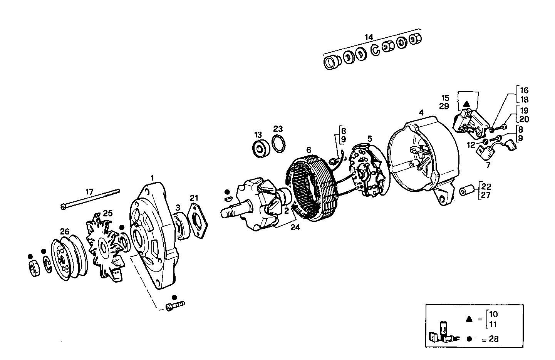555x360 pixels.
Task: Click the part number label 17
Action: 89,191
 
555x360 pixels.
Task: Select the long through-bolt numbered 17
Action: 91,199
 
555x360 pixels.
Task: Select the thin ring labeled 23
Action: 278,144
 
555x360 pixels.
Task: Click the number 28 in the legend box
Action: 493,339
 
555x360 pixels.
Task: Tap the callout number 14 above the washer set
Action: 369,37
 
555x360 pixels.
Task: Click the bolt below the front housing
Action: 175,306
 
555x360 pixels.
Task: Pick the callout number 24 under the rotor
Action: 295,228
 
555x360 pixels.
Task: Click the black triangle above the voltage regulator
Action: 466,104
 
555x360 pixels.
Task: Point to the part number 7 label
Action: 488,166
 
